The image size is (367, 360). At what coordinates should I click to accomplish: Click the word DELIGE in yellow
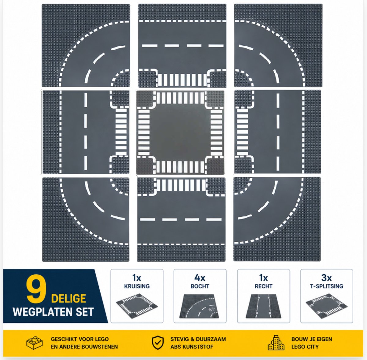tap(69, 299)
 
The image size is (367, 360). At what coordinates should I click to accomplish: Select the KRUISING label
tap(137, 286)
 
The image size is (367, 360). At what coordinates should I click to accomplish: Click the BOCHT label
tap(200, 286)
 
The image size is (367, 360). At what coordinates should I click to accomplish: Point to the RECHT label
tap(263, 286)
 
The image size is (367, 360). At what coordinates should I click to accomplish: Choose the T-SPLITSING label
tap(326, 286)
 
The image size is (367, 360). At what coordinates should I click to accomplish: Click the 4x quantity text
tap(200, 278)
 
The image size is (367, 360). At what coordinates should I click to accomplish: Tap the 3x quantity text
tap(326, 278)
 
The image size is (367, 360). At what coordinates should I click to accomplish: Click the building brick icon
tap(35, 343)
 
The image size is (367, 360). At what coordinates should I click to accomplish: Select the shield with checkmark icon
tap(158, 343)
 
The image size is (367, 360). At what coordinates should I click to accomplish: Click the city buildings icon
tap(276, 343)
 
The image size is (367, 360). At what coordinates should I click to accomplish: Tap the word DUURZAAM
tap(211, 339)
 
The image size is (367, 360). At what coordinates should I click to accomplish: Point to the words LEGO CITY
tap(305, 347)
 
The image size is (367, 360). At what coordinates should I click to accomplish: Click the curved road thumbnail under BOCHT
tap(199, 306)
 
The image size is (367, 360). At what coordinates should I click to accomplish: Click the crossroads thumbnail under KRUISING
tap(137, 306)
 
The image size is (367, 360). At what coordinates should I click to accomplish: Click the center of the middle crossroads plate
tap(180, 132)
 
